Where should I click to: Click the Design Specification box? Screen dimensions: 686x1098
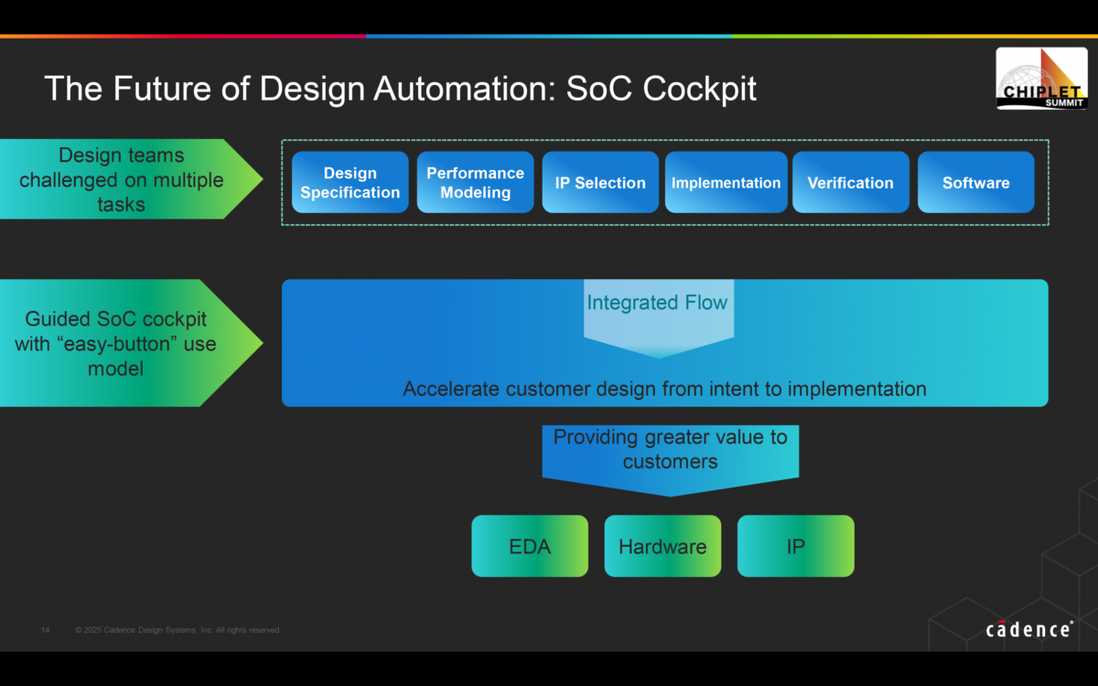(350, 182)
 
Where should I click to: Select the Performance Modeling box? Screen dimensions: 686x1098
(475, 182)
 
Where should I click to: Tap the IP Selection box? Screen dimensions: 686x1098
(600, 182)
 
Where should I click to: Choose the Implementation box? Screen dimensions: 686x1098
(726, 182)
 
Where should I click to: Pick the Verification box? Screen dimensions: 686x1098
(850, 182)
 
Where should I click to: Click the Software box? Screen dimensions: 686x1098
(975, 182)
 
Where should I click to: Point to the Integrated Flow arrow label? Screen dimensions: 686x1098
(657, 303)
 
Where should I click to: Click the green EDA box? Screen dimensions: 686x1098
(530, 546)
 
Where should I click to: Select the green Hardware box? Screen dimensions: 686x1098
(662, 546)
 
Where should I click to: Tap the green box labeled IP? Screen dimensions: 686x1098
(795, 546)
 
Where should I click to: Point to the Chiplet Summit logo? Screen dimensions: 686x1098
(1041, 80)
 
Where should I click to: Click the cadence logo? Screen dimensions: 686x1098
(1029, 629)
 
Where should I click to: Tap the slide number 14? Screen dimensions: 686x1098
(46, 630)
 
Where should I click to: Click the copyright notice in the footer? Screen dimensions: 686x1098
(178, 630)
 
